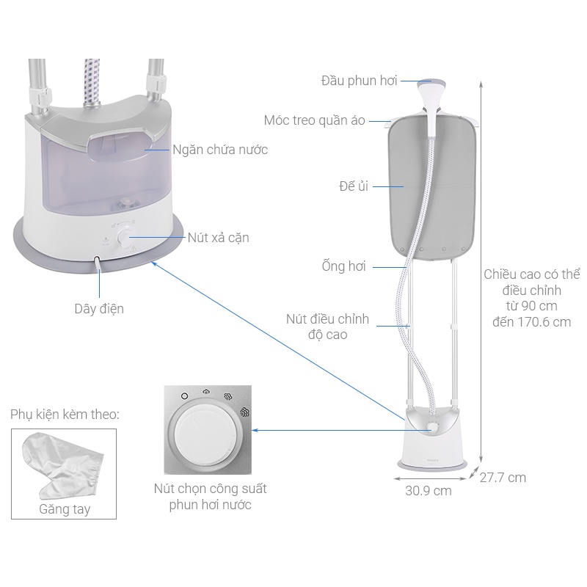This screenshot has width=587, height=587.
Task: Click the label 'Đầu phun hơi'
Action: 359,81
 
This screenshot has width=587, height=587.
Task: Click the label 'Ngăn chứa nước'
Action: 220,150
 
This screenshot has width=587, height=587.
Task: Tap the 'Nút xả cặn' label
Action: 218,237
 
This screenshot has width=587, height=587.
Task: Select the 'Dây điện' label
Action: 99,309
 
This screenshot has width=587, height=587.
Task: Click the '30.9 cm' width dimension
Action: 429,490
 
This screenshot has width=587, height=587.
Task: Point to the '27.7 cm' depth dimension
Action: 503,478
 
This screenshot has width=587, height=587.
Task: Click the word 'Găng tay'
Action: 65,508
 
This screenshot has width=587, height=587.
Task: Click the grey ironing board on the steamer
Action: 429,191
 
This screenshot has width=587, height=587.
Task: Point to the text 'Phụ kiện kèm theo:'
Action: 65,415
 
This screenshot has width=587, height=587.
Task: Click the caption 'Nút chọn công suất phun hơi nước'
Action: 210,497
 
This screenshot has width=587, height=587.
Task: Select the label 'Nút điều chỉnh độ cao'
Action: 327,327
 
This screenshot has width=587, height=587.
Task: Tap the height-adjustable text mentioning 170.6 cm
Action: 532,298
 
